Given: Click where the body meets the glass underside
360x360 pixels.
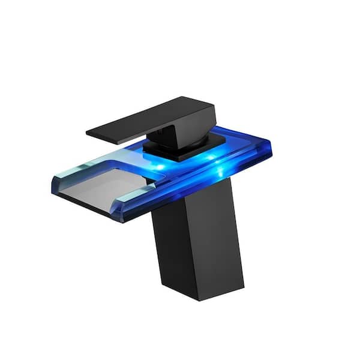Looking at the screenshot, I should (x=192, y=207).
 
